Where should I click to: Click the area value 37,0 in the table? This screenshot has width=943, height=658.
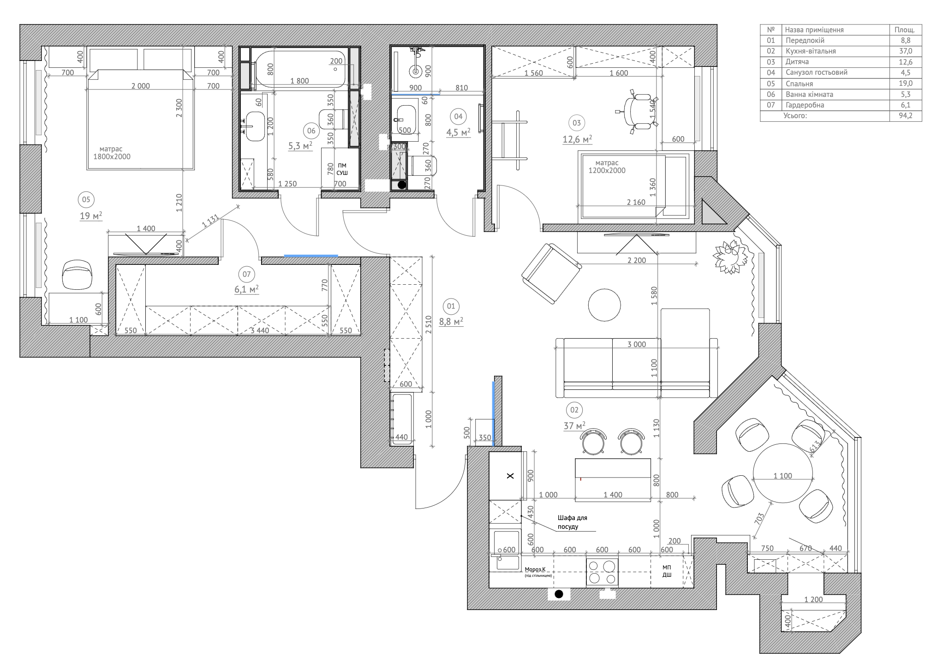[x=905, y=51]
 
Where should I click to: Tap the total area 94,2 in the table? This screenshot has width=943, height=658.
[x=905, y=116]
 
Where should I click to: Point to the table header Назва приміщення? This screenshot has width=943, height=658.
[x=814, y=30]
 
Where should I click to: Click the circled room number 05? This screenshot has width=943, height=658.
[x=86, y=200]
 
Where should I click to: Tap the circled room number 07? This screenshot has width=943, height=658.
[x=246, y=275]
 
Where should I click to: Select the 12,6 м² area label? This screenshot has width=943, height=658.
[x=577, y=139]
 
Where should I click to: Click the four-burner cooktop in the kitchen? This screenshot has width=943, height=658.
[x=602, y=572]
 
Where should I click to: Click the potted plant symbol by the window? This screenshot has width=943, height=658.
[x=730, y=257]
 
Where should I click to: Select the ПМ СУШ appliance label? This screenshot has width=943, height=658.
[x=342, y=169]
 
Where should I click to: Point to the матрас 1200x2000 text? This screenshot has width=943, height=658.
[x=607, y=167]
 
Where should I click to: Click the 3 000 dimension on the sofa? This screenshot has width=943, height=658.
[x=637, y=344]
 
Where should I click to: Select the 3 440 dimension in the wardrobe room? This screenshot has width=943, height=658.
[x=259, y=330]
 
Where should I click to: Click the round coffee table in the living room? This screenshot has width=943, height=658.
[x=604, y=305]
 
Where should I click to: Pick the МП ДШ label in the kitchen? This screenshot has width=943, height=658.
[x=667, y=571]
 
